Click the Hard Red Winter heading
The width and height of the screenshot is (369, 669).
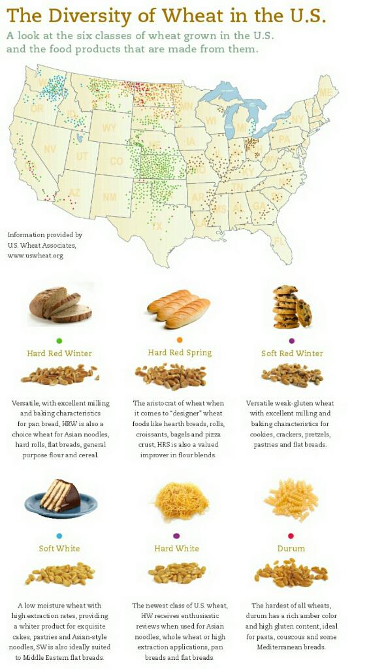[x=59, y=353]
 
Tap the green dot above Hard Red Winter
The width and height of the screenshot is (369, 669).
[x=59, y=340]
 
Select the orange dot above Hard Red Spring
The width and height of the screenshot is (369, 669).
[x=180, y=340]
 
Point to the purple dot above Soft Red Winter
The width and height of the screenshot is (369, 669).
[x=291, y=340]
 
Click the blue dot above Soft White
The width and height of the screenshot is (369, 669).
[x=59, y=536]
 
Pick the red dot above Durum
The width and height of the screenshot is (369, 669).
[x=291, y=536]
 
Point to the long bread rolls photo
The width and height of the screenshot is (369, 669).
[x=178, y=308]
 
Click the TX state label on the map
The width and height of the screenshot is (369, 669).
[x=157, y=227]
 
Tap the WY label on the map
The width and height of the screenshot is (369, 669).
[x=109, y=128]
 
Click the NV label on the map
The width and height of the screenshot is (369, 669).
[x=50, y=149]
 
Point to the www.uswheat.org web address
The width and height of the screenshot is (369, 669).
[x=35, y=255]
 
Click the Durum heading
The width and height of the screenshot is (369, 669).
[x=291, y=549]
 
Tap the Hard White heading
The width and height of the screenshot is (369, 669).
[x=176, y=549]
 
